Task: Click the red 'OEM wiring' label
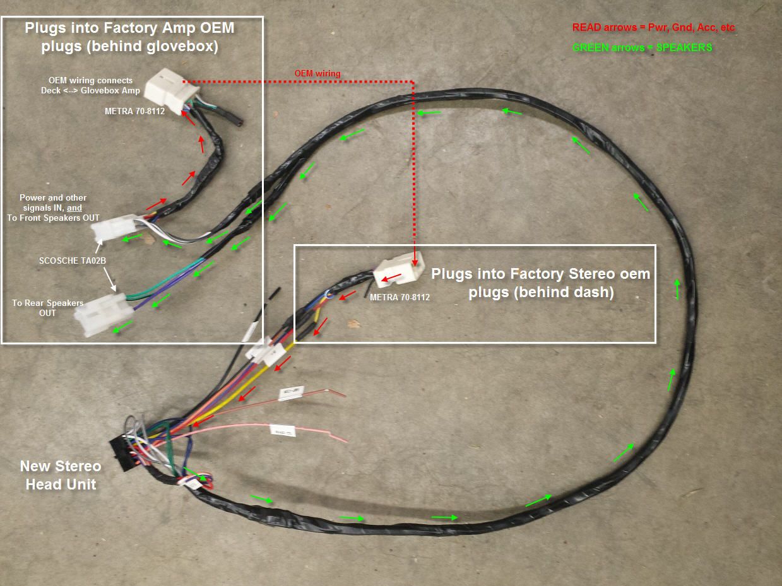coord(317,74)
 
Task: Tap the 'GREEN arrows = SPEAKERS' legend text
coord(642,47)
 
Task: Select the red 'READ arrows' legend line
coord(653,28)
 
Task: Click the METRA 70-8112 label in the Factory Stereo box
coord(400,297)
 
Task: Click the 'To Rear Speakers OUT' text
coord(47,308)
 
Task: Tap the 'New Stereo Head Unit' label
coord(61,475)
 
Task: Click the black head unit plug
coord(120,455)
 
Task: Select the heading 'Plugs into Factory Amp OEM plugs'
coord(129,37)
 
